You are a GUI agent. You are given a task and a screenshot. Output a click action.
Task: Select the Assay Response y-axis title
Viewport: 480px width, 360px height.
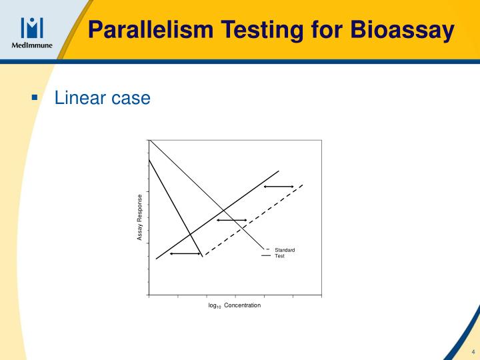tap(140, 217)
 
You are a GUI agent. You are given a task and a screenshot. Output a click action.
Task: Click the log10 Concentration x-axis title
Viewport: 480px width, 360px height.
tap(235, 305)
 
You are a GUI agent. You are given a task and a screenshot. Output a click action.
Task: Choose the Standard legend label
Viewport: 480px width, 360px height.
tap(285, 250)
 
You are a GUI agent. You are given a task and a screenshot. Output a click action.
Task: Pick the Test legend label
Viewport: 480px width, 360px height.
tap(279, 256)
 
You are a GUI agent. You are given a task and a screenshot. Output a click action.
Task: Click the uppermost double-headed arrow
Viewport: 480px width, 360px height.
tap(279, 187)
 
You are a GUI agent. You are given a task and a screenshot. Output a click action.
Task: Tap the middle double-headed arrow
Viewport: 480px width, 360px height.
tap(231, 220)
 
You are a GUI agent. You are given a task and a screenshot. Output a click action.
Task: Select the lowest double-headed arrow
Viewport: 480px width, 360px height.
tap(185, 254)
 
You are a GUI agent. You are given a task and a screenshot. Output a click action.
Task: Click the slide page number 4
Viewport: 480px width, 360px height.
tap(473, 351)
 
